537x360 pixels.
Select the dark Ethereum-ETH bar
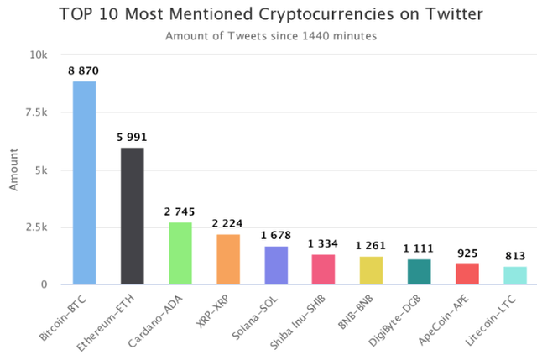point(132,216)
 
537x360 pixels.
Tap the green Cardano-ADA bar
point(180,253)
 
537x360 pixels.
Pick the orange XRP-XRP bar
point(228,259)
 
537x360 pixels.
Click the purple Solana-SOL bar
point(276,265)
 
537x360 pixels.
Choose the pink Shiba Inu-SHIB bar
point(324,269)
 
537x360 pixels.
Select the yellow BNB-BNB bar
point(372,270)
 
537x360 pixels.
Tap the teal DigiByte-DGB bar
point(420,272)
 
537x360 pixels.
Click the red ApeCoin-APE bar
point(467,274)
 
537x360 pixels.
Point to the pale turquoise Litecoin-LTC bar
point(515,275)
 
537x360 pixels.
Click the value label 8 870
point(84,72)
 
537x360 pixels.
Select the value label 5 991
point(132,138)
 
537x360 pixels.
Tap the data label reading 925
point(467,253)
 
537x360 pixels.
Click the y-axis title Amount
point(13,170)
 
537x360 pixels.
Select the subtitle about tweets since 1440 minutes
point(269,36)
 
